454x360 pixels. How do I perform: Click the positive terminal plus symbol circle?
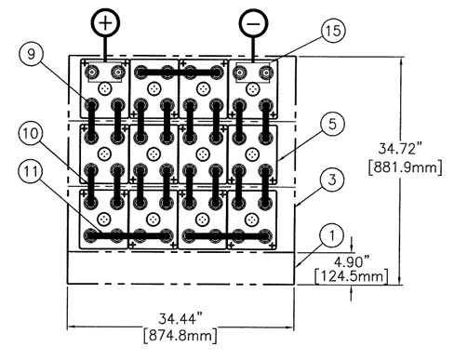pyautogui.click(x=105, y=23)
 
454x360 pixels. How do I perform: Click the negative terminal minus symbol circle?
pyautogui.click(x=253, y=23)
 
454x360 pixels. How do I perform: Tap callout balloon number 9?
pyautogui.click(x=32, y=55)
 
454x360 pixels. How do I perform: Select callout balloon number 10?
pyautogui.click(x=31, y=134)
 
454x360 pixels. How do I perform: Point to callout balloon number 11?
pyautogui.click(x=31, y=172)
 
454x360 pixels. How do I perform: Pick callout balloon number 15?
pyautogui.click(x=333, y=31)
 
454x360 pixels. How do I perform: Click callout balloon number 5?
pyautogui.click(x=332, y=125)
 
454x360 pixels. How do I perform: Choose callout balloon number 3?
pyautogui.click(x=332, y=180)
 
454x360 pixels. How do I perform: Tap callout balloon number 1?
pyautogui.click(x=332, y=235)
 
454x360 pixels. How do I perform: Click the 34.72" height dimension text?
pyautogui.click(x=400, y=149)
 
